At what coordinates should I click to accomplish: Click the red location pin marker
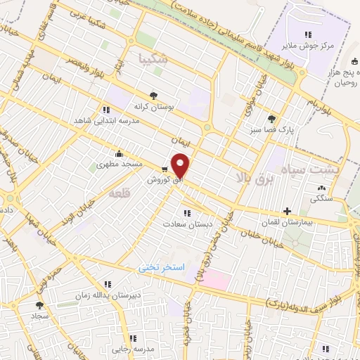[x=181, y=165]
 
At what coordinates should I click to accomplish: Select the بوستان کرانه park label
[x=153, y=106]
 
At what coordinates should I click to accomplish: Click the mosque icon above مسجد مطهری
[x=120, y=153]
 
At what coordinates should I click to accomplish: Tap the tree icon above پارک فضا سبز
[x=271, y=119]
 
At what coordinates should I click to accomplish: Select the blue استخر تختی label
[x=161, y=268]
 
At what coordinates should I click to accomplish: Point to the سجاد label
[x=39, y=317]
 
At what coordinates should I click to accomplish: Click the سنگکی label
[x=323, y=199]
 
